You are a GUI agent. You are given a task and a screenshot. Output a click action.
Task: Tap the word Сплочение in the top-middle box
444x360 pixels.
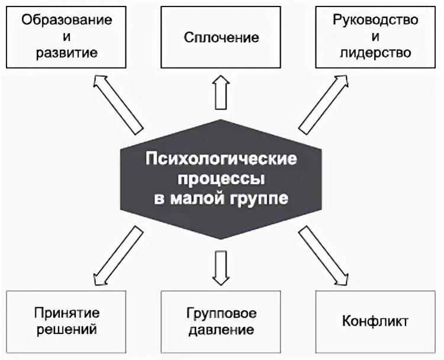[221, 37]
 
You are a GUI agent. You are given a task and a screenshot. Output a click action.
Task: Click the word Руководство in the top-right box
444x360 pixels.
[376, 20]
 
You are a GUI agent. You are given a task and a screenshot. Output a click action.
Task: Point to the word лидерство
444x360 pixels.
[376, 53]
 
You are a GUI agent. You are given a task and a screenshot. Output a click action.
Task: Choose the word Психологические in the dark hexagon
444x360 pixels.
[221, 160]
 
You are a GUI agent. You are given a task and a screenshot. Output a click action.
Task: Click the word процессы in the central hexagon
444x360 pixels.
[221, 179]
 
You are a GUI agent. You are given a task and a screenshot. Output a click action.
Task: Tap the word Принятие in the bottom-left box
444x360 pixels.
[66, 312]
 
